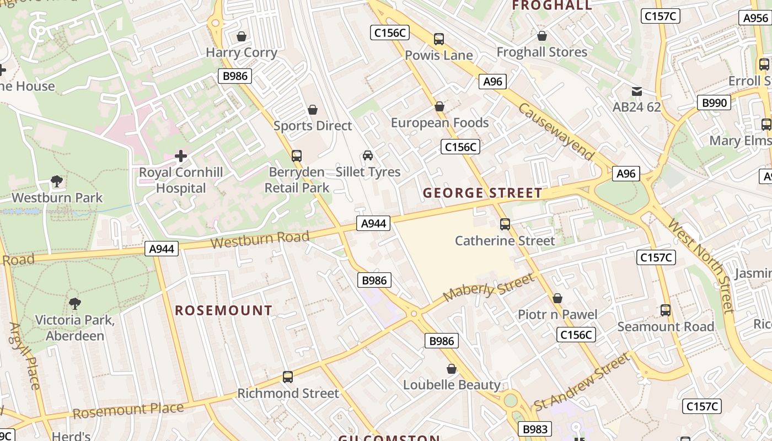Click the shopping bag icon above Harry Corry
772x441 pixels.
[241, 37]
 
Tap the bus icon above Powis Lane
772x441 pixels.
[439, 39]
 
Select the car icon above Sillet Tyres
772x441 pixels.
[368, 156]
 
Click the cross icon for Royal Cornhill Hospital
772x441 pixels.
[181, 157]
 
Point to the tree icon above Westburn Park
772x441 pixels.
[56, 181]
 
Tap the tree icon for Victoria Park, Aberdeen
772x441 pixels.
[74, 303]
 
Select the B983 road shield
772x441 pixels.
[534, 429]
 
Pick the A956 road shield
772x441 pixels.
[755, 18]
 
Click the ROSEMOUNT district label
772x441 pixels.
[223, 310]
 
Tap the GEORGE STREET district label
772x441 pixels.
[482, 193]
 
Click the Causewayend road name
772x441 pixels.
[556, 131]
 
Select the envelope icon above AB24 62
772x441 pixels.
[637, 91]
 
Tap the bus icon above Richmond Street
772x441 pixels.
[288, 377]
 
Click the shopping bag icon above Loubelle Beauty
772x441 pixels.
[452, 369]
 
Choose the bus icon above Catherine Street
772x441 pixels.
[505, 224]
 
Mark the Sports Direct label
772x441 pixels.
[313, 126]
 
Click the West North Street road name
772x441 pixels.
[700, 265]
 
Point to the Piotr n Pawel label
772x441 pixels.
[557, 314]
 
